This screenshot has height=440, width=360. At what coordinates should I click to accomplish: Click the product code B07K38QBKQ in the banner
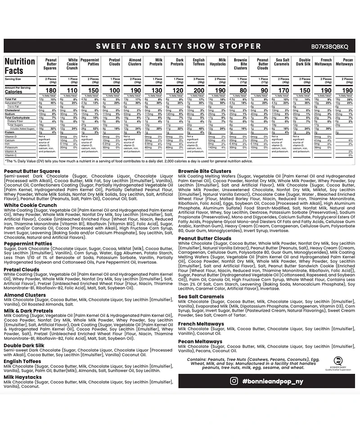330,46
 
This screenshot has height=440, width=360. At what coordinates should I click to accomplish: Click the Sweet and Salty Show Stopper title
179,46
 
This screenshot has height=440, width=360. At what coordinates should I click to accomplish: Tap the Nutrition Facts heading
20,66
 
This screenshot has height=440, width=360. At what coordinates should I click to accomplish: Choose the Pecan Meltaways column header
344,62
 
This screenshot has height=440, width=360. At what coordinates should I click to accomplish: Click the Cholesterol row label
13,110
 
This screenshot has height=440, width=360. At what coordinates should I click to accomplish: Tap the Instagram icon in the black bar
234,381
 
